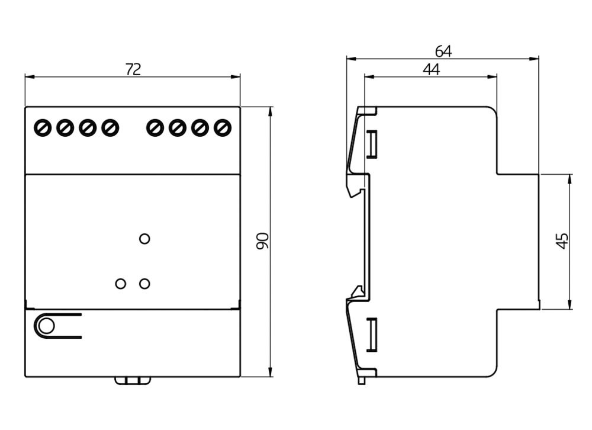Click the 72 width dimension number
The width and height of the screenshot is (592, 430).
click(x=133, y=69)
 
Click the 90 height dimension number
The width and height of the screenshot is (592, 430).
click(x=262, y=240)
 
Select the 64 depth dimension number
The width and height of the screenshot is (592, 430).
click(x=443, y=52)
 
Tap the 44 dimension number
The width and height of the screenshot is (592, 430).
click(x=431, y=69)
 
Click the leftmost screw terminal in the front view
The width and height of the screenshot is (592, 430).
click(x=43, y=127)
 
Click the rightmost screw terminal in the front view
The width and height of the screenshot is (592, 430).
click(x=222, y=127)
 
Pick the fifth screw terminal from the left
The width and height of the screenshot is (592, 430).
click(x=155, y=127)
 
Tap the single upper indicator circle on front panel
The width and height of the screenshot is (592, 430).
click(x=144, y=239)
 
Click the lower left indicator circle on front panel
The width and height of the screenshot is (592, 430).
click(x=121, y=284)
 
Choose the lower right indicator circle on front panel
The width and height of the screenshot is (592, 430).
click(x=144, y=284)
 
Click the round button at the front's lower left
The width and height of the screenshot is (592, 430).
click(x=45, y=326)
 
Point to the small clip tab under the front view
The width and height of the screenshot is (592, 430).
click(x=131, y=380)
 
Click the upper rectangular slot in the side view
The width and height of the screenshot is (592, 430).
click(x=372, y=145)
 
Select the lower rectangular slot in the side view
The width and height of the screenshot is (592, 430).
click(x=372, y=335)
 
